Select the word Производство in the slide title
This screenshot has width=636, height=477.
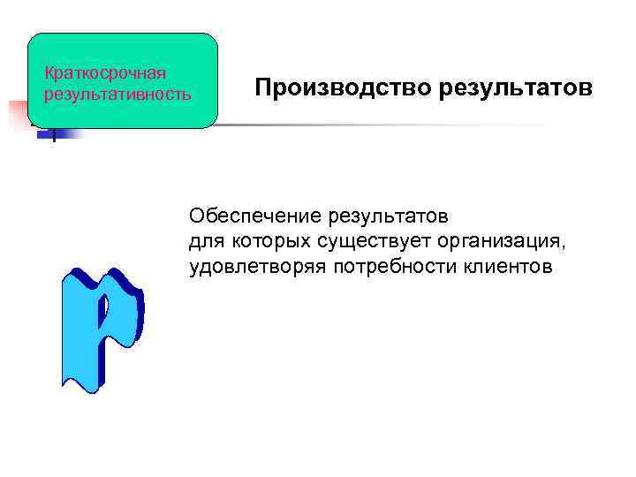(324, 88)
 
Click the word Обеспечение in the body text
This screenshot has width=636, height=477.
(254, 216)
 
